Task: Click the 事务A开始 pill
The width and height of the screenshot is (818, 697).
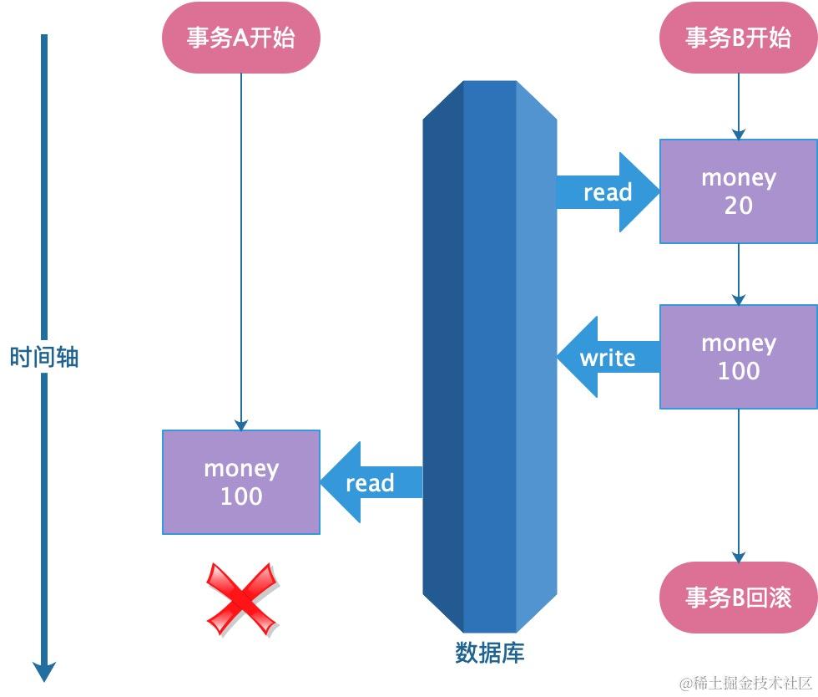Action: click(240, 38)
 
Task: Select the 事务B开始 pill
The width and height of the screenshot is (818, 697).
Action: click(738, 38)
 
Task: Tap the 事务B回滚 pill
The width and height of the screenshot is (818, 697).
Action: click(738, 598)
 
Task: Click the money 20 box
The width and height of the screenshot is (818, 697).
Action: click(738, 191)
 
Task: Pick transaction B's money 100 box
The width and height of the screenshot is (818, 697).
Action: click(738, 357)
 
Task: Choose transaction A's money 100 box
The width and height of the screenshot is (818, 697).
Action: click(240, 482)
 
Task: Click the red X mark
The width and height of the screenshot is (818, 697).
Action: click(242, 598)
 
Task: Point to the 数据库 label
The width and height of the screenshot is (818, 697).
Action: click(490, 653)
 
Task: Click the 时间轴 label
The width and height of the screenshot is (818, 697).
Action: click(44, 358)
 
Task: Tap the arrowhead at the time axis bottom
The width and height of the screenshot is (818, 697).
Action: click(44, 670)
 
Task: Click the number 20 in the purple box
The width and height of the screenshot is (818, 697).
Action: click(738, 206)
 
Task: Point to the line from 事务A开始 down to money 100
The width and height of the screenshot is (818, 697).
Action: click(240, 251)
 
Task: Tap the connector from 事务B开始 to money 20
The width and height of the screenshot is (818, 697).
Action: click(738, 105)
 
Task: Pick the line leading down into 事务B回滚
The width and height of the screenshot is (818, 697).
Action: click(738, 485)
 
